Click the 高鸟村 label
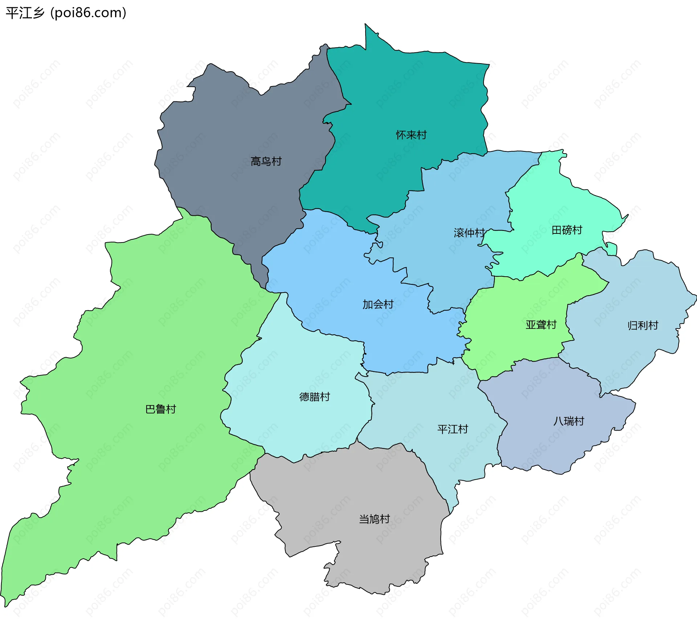click(x=266, y=161)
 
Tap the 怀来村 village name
click(x=411, y=135)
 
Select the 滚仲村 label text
click(x=469, y=233)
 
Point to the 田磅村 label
click(x=567, y=230)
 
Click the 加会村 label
click(x=378, y=304)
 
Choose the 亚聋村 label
click(x=541, y=325)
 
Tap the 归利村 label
click(x=643, y=325)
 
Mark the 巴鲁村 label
click(x=160, y=409)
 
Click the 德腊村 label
click(x=314, y=397)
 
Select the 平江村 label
click(x=453, y=429)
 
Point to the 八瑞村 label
click(x=569, y=421)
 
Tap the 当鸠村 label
click(x=374, y=519)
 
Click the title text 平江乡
click(x=25, y=13)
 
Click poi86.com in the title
click(x=88, y=13)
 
